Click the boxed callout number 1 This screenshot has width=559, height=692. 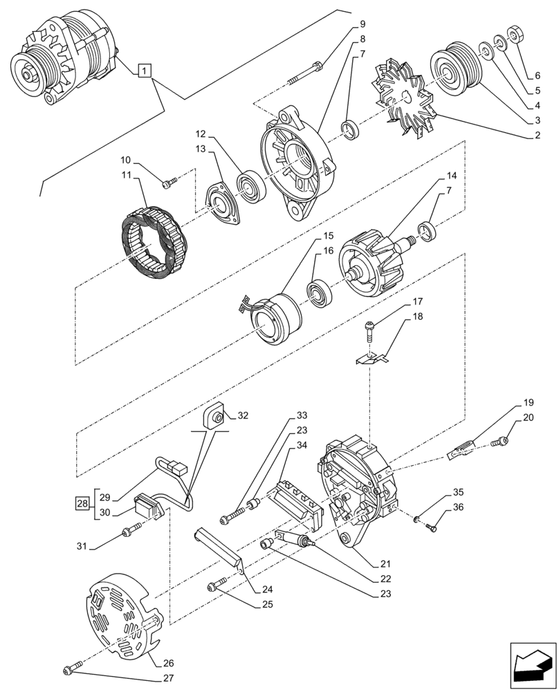point(143,70)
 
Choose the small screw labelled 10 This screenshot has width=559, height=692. point(169,183)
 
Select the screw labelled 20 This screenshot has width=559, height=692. point(503,440)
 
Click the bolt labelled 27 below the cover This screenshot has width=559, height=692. point(69,670)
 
